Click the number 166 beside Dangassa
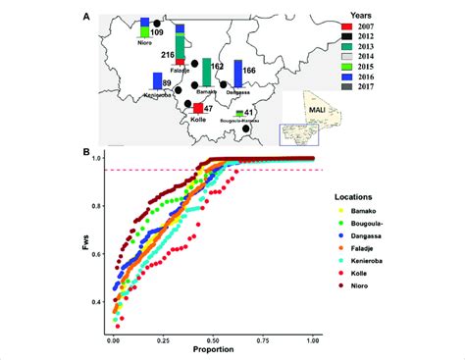tap(249, 71)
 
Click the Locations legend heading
tap(366, 196)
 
